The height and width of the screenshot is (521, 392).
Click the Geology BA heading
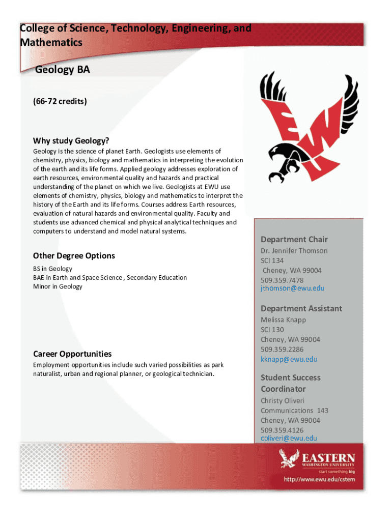click(x=62, y=70)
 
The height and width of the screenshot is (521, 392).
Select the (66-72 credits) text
click(x=60, y=101)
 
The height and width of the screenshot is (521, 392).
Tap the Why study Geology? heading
click(x=71, y=140)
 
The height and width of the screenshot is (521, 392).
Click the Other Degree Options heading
click(x=74, y=255)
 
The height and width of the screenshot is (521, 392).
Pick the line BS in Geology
click(x=52, y=268)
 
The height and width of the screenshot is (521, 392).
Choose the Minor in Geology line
click(x=58, y=286)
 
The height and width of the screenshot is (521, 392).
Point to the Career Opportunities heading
click(x=72, y=354)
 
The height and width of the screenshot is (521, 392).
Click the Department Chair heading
click(x=294, y=239)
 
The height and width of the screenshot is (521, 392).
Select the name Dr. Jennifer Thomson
click(x=294, y=250)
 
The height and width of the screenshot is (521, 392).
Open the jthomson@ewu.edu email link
click(x=292, y=288)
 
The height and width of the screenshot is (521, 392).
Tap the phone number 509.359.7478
click(x=282, y=280)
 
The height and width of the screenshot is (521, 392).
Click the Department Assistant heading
click(x=301, y=308)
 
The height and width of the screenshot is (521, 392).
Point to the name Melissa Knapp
click(x=284, y=320)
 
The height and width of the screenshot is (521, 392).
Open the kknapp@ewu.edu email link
click(x=289, y=359)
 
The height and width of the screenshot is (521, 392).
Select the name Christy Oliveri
click(x=283, y=400)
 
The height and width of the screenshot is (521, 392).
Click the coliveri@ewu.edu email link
click(x=289, y=438)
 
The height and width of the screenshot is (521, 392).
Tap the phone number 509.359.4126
click(x=282, y=430)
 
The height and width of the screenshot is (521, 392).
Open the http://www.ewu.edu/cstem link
click(x=319, y=479)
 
